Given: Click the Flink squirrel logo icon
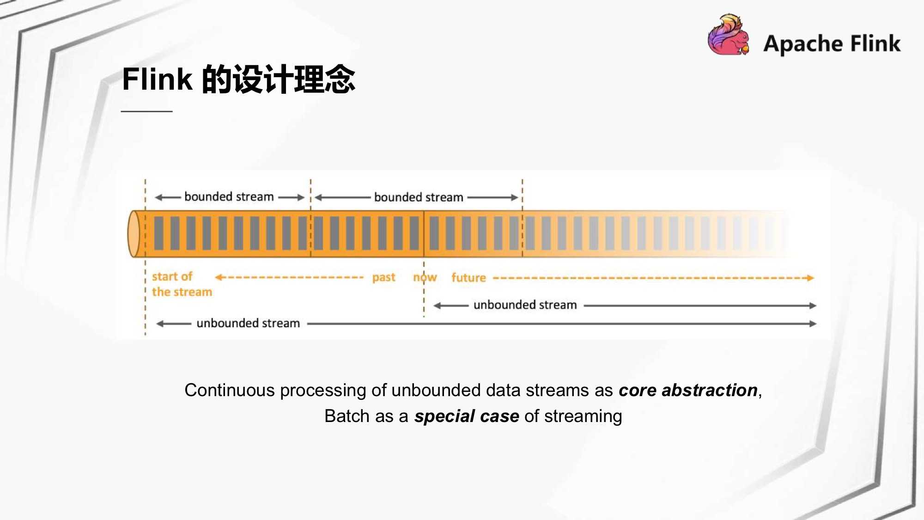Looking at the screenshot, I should point(728,35).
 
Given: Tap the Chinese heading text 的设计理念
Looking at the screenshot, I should point(279,80).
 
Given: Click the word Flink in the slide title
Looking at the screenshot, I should point(157,80).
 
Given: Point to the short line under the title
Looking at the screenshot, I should point(146,111).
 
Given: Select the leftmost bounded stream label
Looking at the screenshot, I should point(229,197).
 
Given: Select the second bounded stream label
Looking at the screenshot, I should point(419,197).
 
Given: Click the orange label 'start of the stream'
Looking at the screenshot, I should point(182,284).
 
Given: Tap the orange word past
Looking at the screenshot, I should point(383,277).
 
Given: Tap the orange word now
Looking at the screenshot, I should point(425,277).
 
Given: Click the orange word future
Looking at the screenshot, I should point(468,278).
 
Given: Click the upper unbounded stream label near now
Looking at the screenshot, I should point(525,305).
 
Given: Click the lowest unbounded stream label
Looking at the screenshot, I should point(248,323).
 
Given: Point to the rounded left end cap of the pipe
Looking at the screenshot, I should point(134,234).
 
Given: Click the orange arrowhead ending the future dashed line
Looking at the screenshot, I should point(809,278).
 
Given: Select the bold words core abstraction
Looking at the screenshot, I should point(688,391).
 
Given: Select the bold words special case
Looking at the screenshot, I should point(467,416).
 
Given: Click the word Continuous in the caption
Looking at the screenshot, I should point(230,391).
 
